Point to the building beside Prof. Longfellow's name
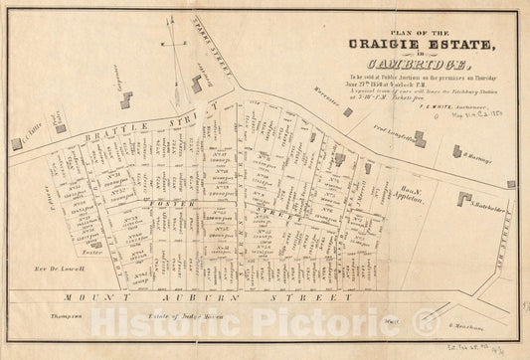(x=419, y=139)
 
